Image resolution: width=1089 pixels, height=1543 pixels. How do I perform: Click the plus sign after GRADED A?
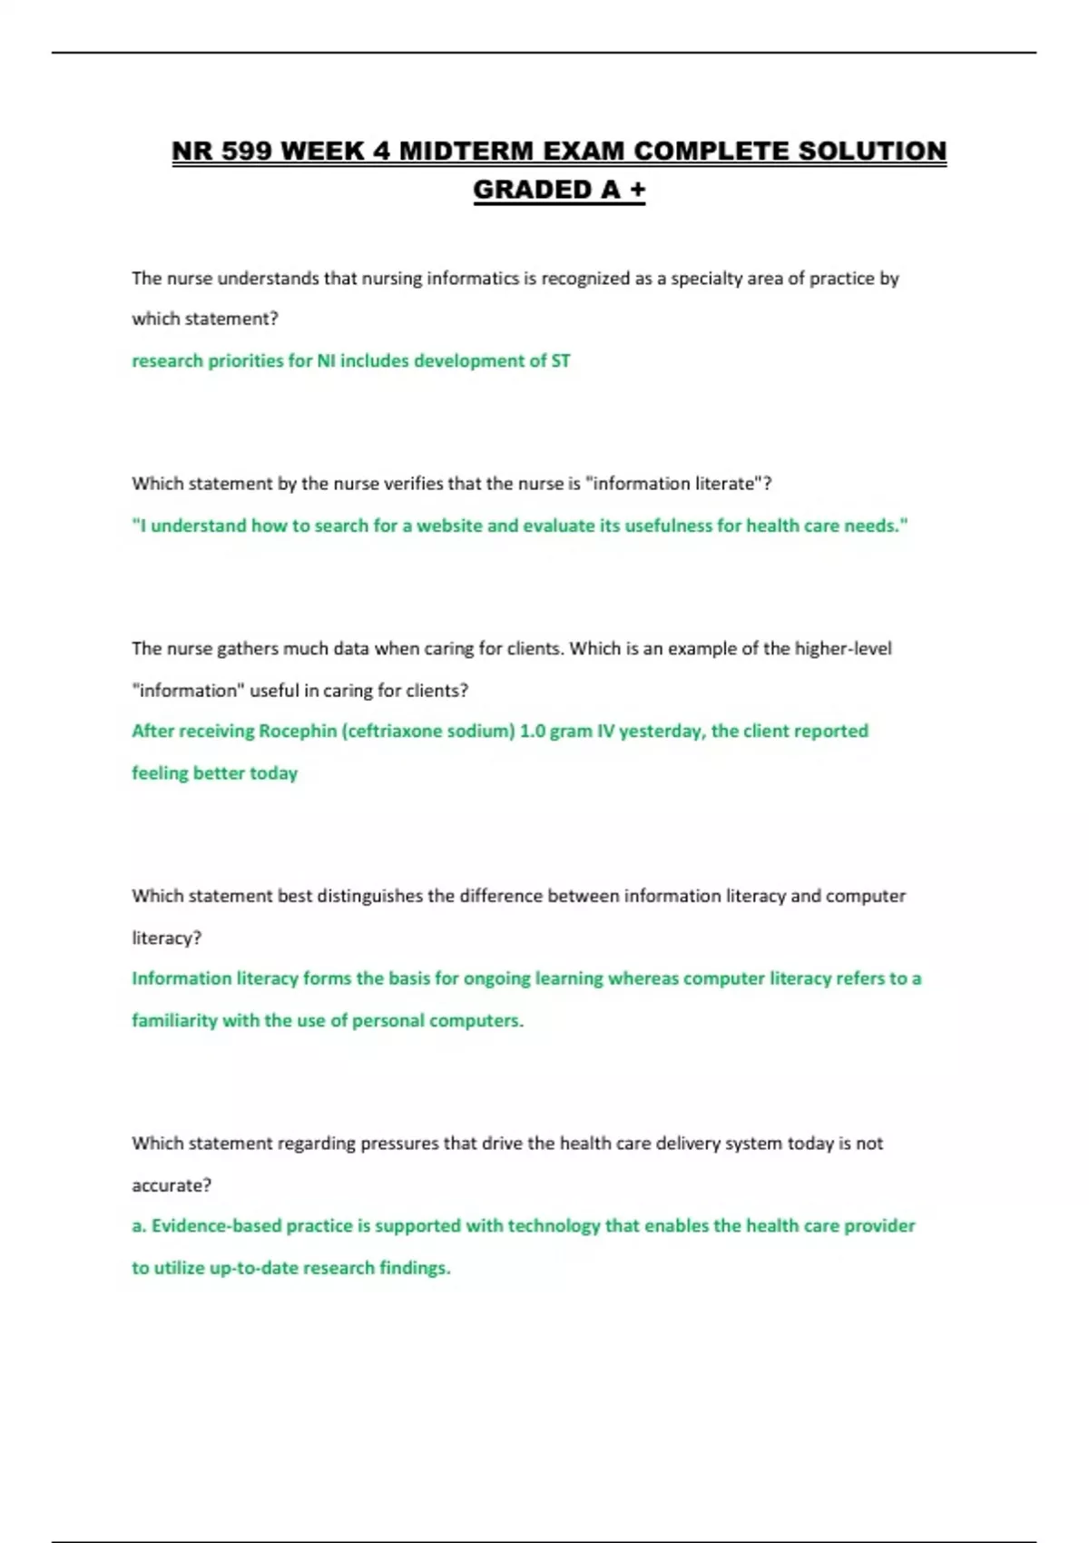pos(637,190)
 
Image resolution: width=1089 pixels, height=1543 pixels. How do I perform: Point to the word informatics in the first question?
pos(473,279)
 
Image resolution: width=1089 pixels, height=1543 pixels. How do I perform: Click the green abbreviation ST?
pos(561,361)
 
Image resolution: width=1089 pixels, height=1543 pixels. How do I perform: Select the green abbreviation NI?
pos(326,361)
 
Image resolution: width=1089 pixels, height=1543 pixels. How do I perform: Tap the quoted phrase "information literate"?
pos(681,484)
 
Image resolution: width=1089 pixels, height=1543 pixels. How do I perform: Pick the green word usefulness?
pos(668,526)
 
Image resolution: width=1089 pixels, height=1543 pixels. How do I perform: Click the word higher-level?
pos(843,649)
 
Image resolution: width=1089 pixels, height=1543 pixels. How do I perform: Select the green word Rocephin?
pos(298,732)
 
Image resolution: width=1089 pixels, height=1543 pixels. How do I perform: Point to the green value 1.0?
pos(533,732)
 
